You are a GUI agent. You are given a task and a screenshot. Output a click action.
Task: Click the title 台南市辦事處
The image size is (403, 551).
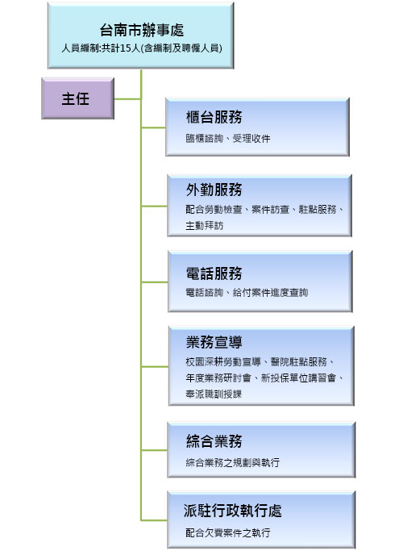pos(142,30)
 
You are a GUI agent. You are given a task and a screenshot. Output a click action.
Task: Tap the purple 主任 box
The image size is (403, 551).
pos(78,98)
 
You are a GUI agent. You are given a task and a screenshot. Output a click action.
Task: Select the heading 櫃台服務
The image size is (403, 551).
pos(214,117)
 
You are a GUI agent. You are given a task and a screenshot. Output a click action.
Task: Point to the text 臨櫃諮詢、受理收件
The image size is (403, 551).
pos(228,139)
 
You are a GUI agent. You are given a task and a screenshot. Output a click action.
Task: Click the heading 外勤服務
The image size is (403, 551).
pos(214,190)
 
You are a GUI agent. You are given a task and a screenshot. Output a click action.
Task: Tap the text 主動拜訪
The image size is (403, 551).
pos(204,226)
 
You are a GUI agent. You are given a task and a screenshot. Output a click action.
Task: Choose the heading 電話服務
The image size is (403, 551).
pos(214,273)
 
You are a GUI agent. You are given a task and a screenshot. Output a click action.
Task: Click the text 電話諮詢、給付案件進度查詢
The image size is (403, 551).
pos(247,292)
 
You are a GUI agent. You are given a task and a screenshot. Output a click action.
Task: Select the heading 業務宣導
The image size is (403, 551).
pos(214,342)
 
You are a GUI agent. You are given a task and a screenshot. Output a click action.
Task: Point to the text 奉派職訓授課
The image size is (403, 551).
pos(214,394)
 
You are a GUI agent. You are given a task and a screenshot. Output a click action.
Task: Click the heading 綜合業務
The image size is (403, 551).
pos(214,441)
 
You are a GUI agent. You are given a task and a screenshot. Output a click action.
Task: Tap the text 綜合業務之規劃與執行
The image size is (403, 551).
pos(232,462)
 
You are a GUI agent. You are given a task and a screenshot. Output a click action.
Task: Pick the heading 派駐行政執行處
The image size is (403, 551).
pos(232,511)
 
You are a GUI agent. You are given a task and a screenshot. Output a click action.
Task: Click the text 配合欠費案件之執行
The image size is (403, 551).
pos(228,532)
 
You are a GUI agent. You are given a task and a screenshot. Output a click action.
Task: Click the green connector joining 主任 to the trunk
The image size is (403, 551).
pos(127,99)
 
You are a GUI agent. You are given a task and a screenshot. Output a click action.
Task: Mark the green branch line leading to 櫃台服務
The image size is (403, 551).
pos(154,127)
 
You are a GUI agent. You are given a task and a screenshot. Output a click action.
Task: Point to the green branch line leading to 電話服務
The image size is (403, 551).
pos(155,282)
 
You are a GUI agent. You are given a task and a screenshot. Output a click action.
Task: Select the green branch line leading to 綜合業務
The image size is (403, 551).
pos(155,450)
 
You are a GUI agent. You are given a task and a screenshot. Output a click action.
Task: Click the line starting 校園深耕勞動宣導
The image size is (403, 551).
pos(260,361)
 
